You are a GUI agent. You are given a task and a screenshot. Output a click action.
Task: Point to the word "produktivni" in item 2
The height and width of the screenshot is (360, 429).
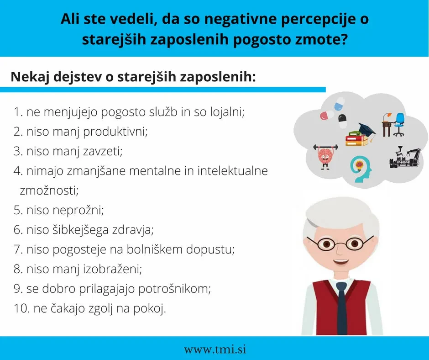[115, 132]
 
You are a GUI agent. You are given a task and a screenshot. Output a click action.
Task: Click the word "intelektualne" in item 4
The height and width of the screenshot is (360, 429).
[232, 171]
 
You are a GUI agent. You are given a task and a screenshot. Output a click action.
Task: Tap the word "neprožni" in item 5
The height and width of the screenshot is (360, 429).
[78, 211]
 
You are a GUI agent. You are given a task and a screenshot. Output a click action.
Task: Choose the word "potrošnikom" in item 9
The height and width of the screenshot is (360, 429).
[174, 289]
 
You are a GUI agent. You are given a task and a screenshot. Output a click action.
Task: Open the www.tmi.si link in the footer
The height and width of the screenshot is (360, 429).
[215, 349]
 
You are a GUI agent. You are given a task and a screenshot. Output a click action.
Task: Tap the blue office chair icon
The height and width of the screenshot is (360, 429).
[398, 125]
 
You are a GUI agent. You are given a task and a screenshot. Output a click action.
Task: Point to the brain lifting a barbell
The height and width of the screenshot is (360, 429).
[325, 157]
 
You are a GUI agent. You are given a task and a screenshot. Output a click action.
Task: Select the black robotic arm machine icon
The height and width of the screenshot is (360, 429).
[405, 157]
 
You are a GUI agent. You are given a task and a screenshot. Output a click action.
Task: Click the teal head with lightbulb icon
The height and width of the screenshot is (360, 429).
[361, 169]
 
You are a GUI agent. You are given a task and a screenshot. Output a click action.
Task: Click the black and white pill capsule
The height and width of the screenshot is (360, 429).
[342, 121]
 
